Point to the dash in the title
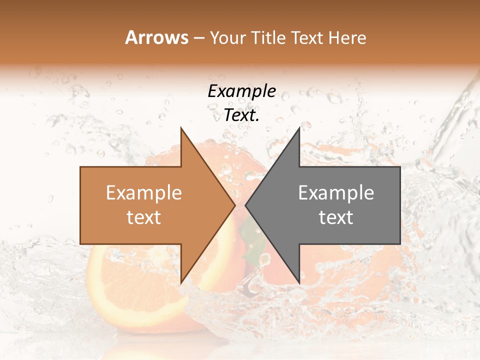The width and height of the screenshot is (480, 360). (x=199, y=38)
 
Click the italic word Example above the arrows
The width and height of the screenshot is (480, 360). (x=241, y=91)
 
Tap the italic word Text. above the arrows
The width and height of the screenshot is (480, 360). (x=241, y=115)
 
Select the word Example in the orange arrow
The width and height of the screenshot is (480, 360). (x=144, y=193)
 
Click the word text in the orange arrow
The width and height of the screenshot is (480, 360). (x=144, y=217)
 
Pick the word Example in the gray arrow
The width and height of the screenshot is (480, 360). (x=336, y=193)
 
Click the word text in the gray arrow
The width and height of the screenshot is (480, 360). (x=336, y=217)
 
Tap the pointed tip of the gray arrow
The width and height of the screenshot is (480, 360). (x=246, y=205)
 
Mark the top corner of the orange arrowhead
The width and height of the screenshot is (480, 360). (x=181, y=128)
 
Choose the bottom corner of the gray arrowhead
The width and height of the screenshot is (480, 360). (x=299, y=283)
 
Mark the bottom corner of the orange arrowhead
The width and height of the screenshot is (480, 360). (x=181, y=283)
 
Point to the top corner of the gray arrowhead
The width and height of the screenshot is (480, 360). (x=299, y=128)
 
